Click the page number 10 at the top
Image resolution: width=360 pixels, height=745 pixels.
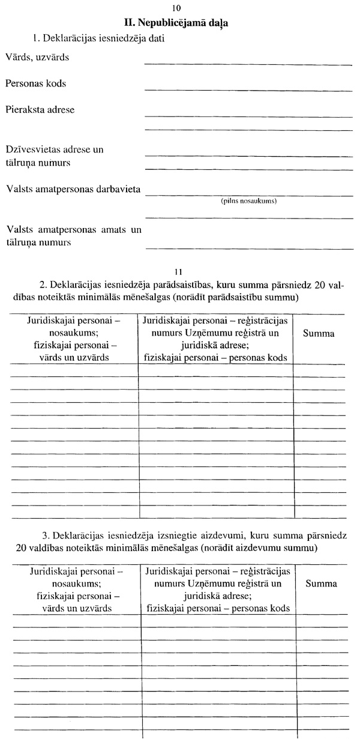[175, 9]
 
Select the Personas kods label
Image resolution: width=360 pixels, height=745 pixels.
[36, 83]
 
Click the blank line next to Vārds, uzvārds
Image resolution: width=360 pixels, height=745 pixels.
[248, 63]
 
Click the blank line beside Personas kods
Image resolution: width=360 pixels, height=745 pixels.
[248, 89]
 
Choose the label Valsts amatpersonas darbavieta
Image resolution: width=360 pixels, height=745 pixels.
[73, 190]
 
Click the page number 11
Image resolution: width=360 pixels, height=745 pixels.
[177, 271]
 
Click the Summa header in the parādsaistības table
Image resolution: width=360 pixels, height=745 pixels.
[319, 334]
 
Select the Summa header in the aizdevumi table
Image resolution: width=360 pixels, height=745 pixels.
[321, 584]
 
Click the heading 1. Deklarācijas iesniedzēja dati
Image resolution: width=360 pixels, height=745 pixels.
[100, 39]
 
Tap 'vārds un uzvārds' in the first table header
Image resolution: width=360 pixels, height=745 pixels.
[74, 357]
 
